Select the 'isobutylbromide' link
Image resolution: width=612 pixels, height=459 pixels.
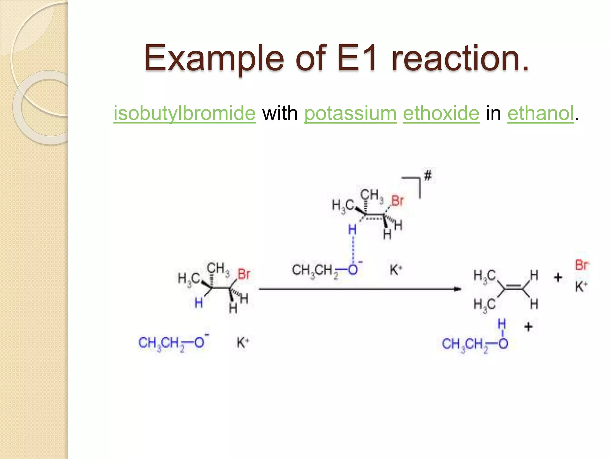pos(184,113)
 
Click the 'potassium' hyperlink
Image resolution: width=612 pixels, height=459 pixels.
pos(350,113)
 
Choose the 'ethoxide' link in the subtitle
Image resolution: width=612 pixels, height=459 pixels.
pos(441,113)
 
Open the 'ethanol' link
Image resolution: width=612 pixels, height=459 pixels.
pos(541,113)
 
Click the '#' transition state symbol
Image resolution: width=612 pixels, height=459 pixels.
pos(428,175)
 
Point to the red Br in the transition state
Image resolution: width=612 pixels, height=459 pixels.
pos(397,201)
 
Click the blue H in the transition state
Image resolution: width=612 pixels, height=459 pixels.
pos(352,230)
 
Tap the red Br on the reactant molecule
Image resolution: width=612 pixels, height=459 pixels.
pos(244,274)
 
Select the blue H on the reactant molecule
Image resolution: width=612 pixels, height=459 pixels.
pos(199,303)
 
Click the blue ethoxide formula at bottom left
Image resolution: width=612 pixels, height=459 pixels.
pos(173,343)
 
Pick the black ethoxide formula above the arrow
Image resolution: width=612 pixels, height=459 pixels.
pos(327,270)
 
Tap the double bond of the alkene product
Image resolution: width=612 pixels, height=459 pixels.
pos(513,287)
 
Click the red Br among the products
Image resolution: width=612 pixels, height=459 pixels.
pos(582,265)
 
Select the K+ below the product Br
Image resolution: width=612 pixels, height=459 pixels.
pos(581,287)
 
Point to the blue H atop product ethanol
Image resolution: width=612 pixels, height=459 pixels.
pos(502,324)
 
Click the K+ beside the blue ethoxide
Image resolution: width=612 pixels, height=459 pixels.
pos(242,342)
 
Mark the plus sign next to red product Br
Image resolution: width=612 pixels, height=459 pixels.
pos(558,278)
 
